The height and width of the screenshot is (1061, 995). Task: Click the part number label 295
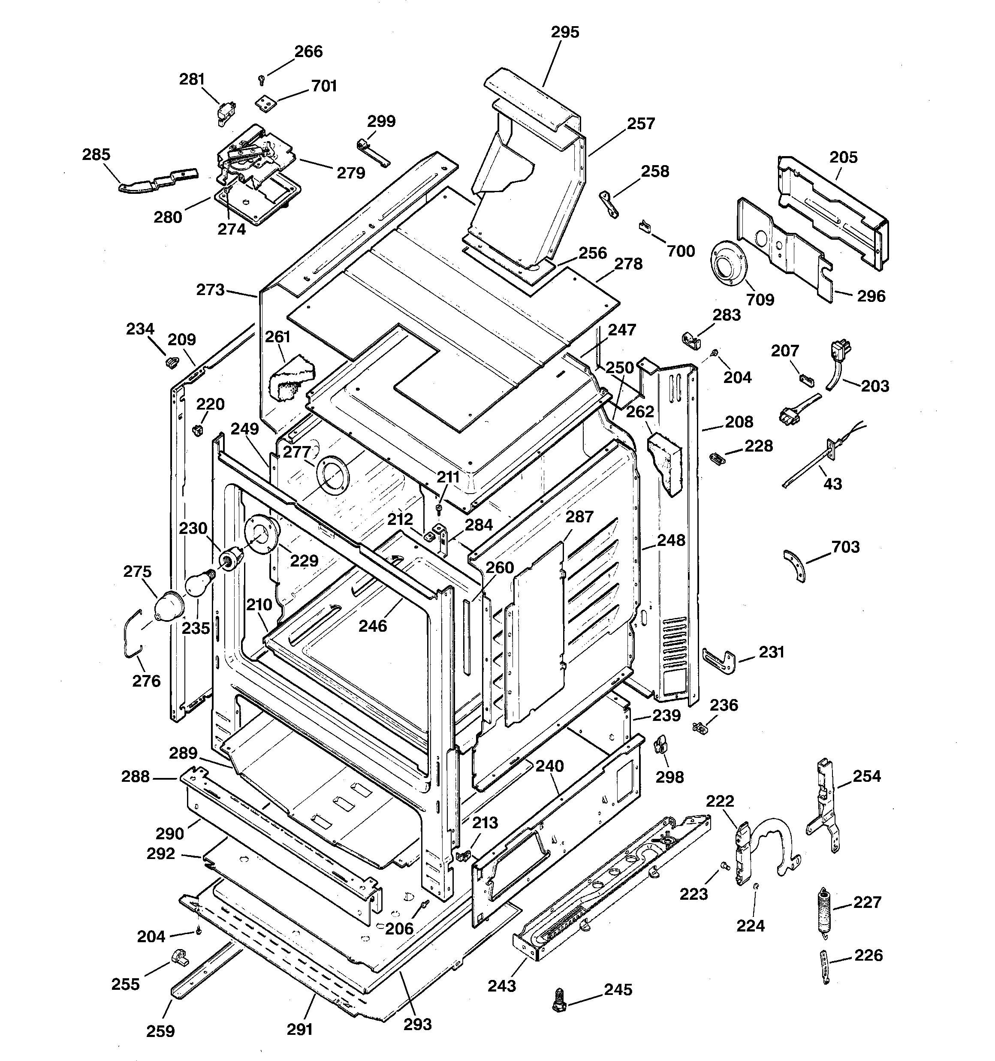[565, 33]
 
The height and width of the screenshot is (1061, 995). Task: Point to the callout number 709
[760, 299]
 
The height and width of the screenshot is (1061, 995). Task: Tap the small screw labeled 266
[261, 79]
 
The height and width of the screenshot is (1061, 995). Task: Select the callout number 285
[96, 155]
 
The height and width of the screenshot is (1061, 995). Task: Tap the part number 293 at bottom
[417, 1024]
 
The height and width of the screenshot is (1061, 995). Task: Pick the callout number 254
[866, 776]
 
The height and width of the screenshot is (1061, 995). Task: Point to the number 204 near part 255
[151, 936]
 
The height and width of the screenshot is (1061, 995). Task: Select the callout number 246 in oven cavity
[373, 626]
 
